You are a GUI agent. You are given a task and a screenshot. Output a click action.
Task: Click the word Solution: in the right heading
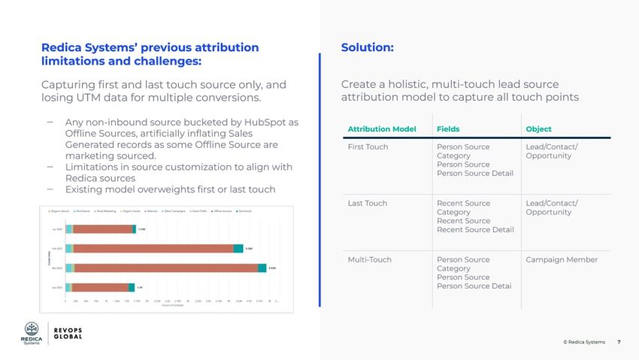coord(367,47)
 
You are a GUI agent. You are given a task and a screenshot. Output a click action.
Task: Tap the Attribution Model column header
coord(381,129)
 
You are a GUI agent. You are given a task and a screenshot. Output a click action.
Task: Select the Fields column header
coord(448,129)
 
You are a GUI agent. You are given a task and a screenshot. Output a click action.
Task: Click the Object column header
coord(538,129)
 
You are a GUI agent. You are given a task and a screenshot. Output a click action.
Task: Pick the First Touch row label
coord(368,147)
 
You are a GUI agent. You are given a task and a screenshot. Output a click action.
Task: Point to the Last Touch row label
coord(367,203)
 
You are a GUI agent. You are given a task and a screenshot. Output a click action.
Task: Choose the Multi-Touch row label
coord(370,259)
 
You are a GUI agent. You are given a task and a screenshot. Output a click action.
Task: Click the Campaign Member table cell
coord(562,259)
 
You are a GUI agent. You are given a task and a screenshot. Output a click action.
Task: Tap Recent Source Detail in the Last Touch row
coord(475,229)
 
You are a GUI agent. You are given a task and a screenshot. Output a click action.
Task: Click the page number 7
coord(619,342)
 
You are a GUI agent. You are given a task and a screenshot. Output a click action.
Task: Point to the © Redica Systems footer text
coord(583,342)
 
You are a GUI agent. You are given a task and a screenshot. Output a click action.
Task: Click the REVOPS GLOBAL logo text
coord(68,333)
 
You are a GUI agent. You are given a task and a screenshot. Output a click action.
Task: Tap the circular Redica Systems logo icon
coord(32,328)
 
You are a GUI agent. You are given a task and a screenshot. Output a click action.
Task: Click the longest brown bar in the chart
coord(165,268)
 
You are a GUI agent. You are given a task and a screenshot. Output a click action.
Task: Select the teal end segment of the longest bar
coord(262,268)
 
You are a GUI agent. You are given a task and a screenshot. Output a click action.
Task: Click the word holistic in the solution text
coord(410,85)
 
